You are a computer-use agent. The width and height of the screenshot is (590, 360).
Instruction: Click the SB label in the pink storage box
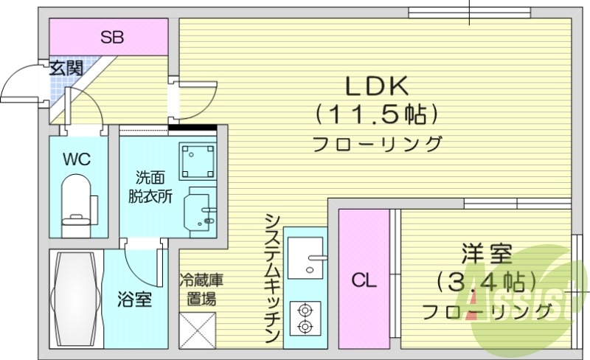pos(112,36)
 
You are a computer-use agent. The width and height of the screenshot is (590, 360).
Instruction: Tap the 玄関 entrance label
pos(66,69)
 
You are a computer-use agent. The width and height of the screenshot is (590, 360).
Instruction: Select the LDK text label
pos(377,86)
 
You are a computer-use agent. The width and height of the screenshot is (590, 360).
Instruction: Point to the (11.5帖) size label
pos(377,114)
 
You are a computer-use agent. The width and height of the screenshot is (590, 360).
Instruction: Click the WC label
pos(77,159)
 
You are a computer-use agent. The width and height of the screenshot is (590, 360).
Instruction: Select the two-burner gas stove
pos(305,318)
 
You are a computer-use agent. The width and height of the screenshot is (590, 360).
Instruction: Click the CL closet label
pos(363,280)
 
